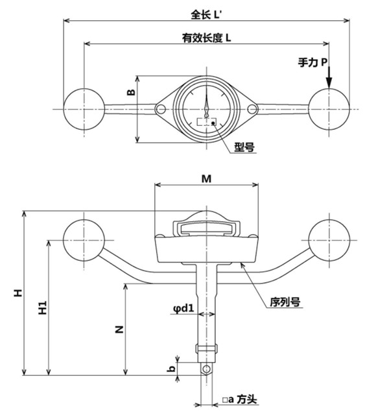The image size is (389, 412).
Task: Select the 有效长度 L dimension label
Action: (207, 38)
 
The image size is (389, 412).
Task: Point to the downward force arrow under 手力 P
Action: (329, 78)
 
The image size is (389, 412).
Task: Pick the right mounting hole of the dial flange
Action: (252, 109)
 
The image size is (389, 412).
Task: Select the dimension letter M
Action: (206, 176)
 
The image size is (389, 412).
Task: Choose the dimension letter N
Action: (119, 330)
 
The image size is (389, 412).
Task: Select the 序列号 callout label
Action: (284, 302)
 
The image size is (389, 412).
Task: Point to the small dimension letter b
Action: (171, 368)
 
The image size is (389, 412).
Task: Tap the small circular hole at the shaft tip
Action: (206, 369)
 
